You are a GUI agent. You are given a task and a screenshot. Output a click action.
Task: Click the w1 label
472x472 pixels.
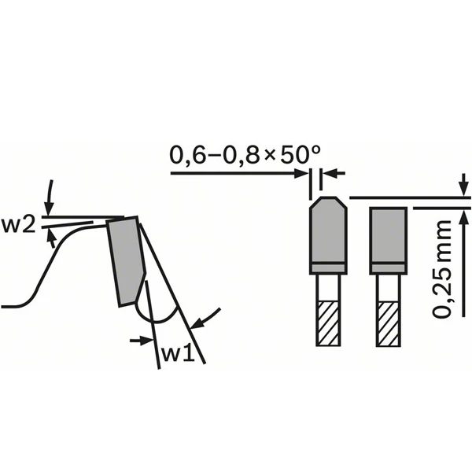[179, 354]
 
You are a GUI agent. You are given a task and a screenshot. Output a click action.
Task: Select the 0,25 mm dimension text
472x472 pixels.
[442, 268]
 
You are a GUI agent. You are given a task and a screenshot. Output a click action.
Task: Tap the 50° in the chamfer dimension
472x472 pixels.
[300, 154]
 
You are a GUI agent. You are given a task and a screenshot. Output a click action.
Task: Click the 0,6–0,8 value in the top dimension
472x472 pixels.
[215, 155]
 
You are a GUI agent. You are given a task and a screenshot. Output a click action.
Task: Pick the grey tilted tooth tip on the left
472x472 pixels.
[126, 261]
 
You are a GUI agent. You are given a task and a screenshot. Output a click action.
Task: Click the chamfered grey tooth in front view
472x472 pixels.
[328, 235]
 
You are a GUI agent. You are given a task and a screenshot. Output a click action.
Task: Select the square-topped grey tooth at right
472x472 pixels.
[389, 241]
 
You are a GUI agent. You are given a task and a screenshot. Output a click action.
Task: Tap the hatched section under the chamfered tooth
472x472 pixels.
[328, 323]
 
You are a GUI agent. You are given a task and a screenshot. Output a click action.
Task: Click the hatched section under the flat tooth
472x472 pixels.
[389, 323]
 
